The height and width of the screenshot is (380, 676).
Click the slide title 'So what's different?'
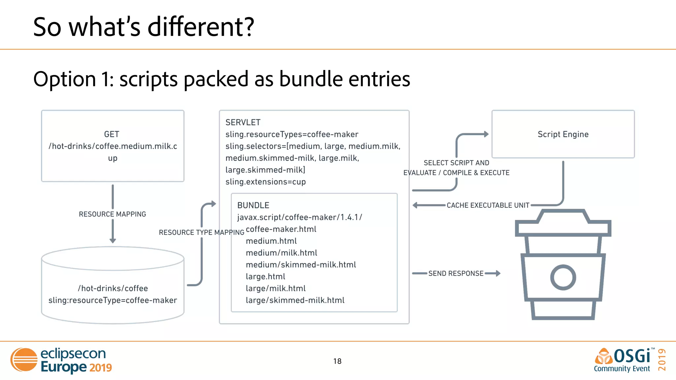tap(144, 27)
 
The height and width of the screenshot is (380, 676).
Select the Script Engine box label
tap(563, 134)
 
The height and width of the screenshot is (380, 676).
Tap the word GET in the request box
tap(112, 134)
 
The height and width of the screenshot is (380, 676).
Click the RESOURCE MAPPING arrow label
tap(112, 214)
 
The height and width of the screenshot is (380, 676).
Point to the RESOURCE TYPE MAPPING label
tap(201, 232)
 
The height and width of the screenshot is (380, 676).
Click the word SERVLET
tap(243, 122)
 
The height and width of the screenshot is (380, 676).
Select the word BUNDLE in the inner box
tap(253, 205)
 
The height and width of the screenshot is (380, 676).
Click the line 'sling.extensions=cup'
tap(265, 182)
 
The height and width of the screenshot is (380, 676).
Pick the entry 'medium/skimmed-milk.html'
tap(301, 265)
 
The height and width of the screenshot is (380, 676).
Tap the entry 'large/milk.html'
tap(276, 288)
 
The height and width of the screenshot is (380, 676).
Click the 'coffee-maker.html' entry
tap(281, 229)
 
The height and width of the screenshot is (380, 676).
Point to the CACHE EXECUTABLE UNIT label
tap(488, 205)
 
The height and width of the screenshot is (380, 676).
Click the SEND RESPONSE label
tap(456, 273)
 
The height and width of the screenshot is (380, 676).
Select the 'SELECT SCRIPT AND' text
tap(456, 163)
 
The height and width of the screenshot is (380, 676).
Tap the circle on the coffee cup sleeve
tap(563, 277)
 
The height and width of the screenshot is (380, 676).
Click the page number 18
tap(337, 361)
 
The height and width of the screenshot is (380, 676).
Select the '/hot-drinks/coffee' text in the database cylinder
tap(113, 288)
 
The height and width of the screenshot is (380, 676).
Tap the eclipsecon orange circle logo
tap(24, 360)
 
